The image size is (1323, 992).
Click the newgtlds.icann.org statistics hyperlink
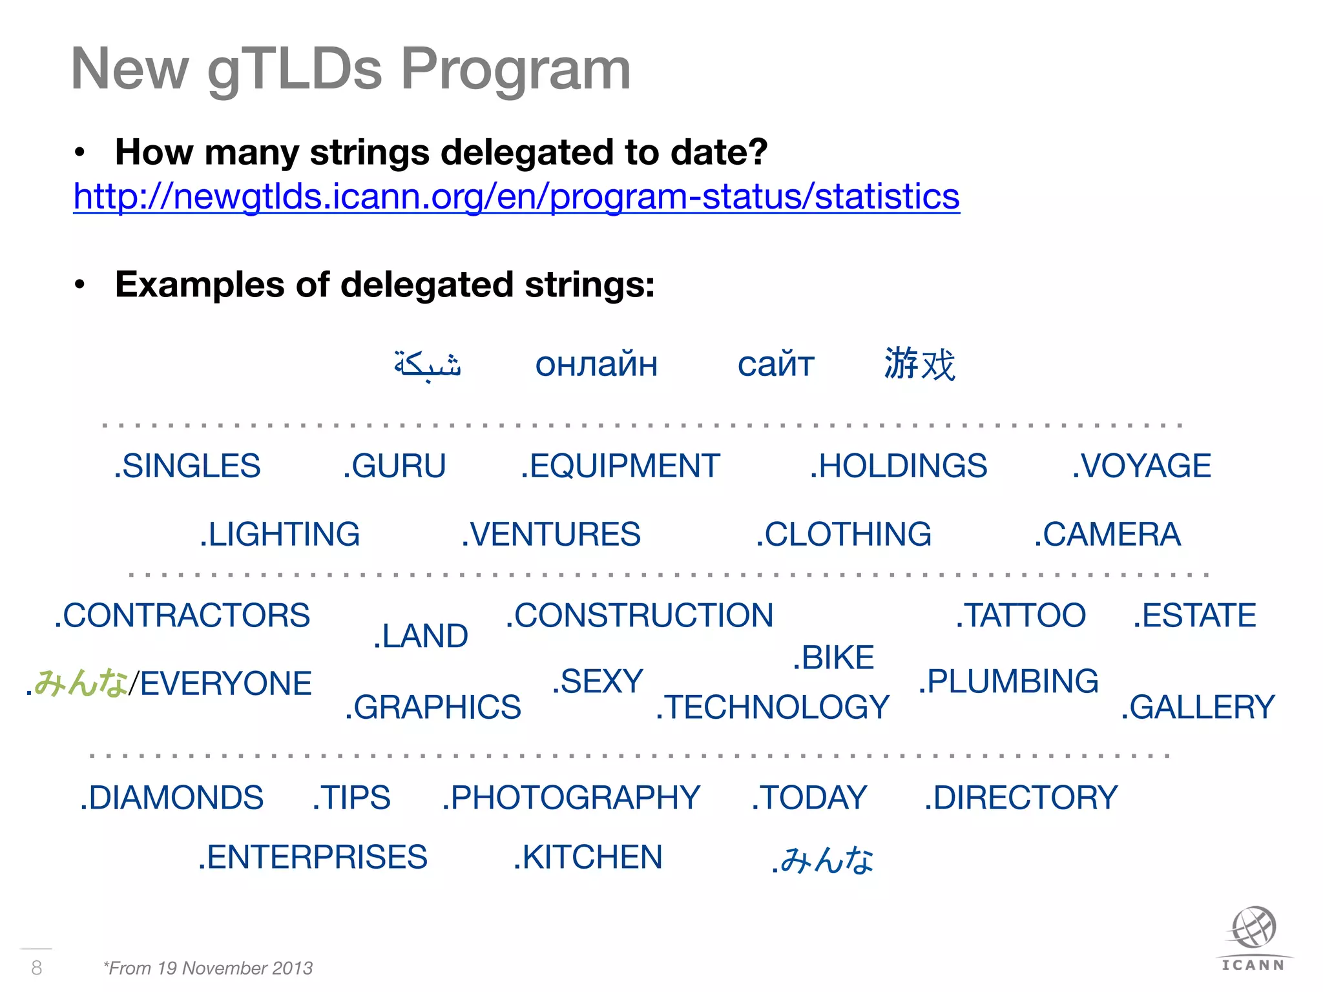point(516,197)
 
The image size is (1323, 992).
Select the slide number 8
point(37,967)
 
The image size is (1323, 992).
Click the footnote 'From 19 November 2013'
point(208,968)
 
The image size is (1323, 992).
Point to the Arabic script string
point(428,364)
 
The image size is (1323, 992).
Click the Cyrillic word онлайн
point(596,365)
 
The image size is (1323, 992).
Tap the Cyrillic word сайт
point(776,365)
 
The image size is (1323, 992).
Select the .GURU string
point(395,466)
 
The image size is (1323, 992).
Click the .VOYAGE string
point(1141,466)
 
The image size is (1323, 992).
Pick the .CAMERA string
point(1107,535)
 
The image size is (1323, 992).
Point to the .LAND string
point(421,636)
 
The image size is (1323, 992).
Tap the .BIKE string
point(833,658)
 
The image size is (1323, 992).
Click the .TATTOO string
point(1021,615)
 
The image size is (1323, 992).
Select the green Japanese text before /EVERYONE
point(80,683)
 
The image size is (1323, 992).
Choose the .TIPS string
point(351,798)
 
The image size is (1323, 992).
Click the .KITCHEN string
point(588,858)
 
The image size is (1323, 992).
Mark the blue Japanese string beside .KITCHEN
point(822,860)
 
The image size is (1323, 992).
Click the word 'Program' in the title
point(516,70)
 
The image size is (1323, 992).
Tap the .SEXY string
point(598,682)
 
